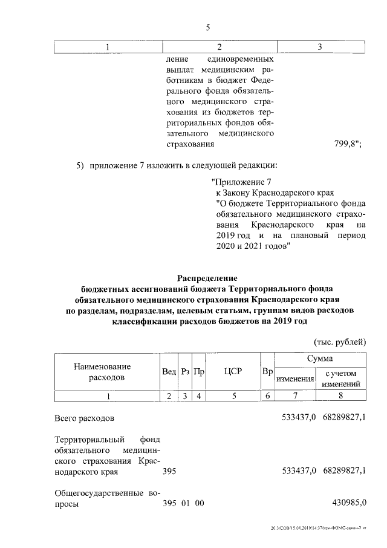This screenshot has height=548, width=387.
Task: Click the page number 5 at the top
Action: point(207,27)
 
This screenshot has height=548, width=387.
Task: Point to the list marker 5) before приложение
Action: point(80,165)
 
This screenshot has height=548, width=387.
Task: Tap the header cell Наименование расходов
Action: point(102,372)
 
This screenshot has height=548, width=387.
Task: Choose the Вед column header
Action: point(169,371)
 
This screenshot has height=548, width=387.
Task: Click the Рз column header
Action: point(186,371)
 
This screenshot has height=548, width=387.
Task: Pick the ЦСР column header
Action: point(232,371)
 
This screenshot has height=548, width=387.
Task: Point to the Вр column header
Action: point(267,371)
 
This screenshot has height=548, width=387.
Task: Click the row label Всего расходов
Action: point(83,418)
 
